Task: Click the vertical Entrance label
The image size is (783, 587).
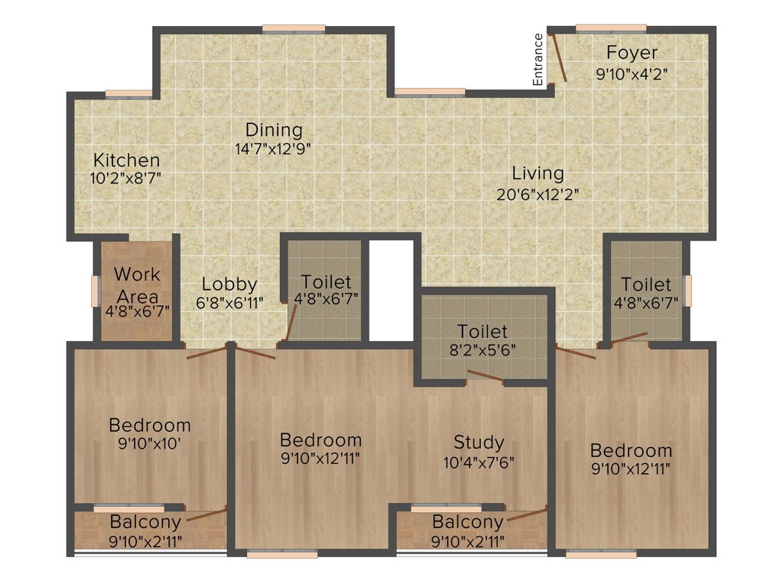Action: coord(538,60)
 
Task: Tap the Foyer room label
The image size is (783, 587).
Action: coord(632,53)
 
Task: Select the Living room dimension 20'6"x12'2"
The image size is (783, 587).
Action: coord(538,193)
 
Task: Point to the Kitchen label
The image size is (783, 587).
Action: coord(127,161)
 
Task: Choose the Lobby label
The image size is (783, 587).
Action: coord(229,284)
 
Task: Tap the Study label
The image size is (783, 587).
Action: coord(479,442)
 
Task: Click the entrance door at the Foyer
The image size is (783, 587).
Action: coord(559,57)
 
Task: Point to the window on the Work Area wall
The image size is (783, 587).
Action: coord(96,291)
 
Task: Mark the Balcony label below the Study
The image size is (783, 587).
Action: coord(468,523)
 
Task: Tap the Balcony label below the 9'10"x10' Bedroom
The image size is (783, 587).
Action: coord(145,523)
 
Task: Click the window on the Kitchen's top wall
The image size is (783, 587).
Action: coord(128,94)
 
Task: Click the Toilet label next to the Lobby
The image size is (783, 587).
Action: coord(327,282)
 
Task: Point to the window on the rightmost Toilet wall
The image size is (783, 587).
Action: coord(687,290)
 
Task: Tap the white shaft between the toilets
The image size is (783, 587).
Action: coord(391,290)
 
